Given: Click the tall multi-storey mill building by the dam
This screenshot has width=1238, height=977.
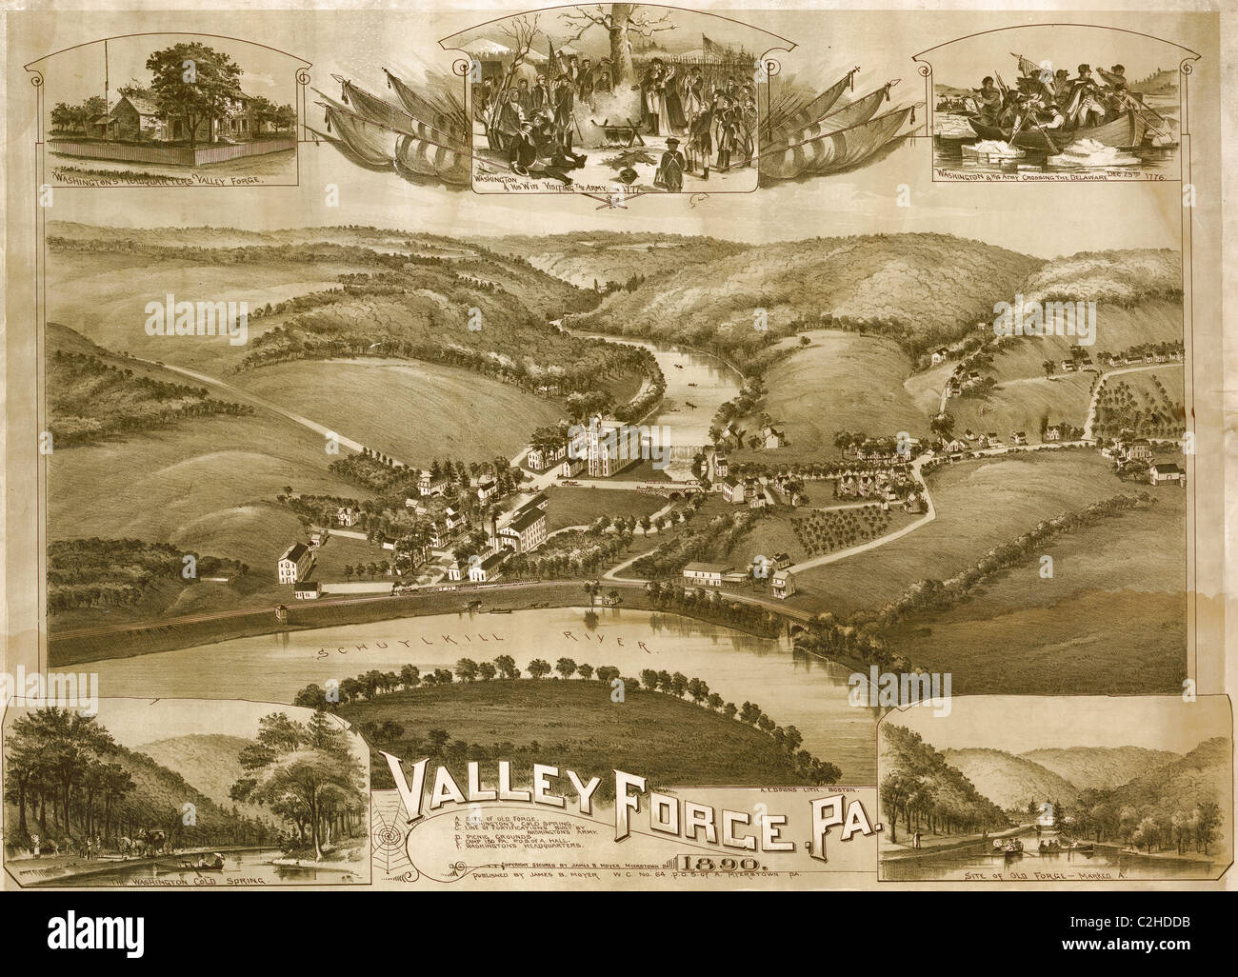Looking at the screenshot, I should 607,448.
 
